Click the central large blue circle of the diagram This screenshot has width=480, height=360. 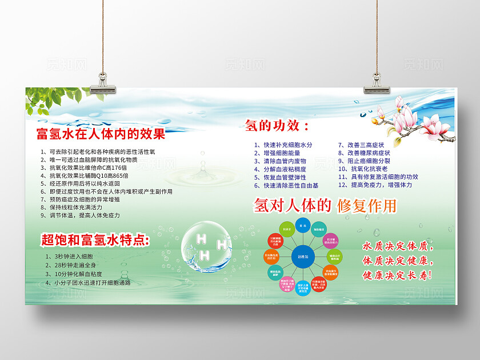(x=302, y=257)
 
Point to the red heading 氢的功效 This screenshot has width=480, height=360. (x=277, y=125)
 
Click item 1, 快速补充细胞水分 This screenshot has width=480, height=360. (x=284, y=145)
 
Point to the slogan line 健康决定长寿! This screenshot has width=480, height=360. (x=398, y=275)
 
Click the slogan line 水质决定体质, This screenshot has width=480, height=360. (x=398, y=247)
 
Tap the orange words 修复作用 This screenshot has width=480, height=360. (x=366, y=206)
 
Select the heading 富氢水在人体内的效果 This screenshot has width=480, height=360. (x=101, y=135)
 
